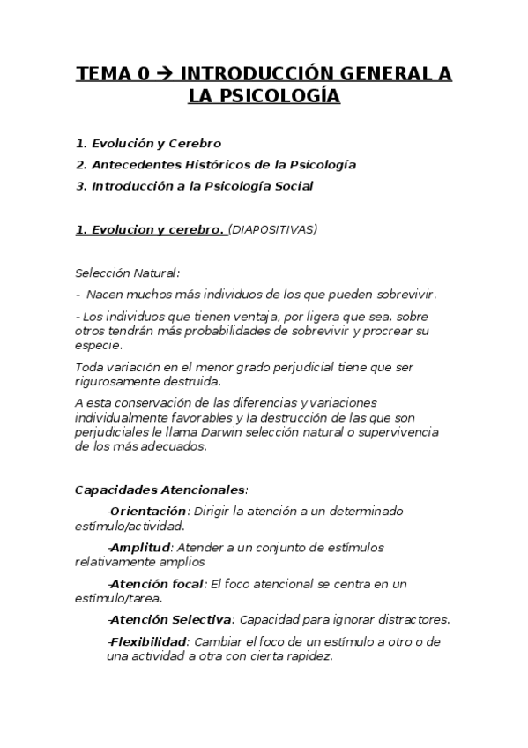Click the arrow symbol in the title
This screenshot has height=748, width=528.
pos(166,75)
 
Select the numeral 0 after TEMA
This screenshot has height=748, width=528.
pos(143,75)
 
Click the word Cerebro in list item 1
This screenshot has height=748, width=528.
pos(195,143)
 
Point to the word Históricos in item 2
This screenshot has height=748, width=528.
pos(243,165)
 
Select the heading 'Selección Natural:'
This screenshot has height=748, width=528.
pos(127,273)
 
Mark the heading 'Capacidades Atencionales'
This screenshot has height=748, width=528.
pos(160,489)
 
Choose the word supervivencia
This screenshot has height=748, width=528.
pos(402,432)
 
